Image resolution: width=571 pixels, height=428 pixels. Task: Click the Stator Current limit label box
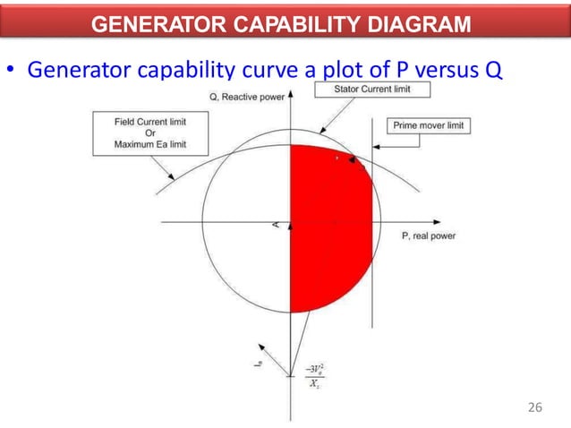(x=371, y=90)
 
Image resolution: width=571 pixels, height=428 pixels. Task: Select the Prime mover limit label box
(x=430, y=126)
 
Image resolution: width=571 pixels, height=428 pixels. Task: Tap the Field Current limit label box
(x=150, y=133)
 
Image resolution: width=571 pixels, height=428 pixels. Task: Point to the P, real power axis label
(x=429, y=235)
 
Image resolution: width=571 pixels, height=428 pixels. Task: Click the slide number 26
(x=535, y=408)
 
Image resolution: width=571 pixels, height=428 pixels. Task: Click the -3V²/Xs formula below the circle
(x=314, y=376)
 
